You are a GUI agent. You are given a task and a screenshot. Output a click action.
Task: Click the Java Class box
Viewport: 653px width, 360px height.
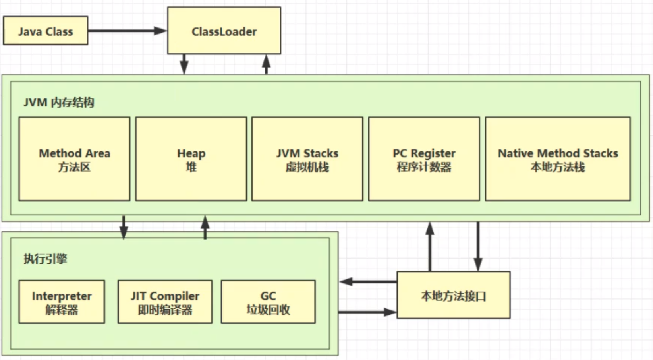point(45,31)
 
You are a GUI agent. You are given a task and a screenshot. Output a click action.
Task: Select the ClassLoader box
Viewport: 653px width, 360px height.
point(224,31)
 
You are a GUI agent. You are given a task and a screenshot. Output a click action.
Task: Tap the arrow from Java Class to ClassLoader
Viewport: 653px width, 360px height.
point(127,31)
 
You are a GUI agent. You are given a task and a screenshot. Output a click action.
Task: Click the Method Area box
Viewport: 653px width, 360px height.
point(74,159)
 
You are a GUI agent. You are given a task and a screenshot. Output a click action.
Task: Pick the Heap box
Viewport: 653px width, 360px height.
point(191,159)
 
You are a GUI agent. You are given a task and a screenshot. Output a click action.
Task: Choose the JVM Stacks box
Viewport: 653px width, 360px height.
point(307,159)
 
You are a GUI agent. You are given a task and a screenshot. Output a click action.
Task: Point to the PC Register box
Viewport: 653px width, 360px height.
point(424,159)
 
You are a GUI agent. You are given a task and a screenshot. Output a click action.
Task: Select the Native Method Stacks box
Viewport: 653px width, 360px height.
point(558,159)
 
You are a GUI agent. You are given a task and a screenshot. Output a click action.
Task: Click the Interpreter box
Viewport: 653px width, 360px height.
point(62,302)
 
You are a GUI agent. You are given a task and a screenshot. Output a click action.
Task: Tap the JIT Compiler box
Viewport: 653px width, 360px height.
point(165,302)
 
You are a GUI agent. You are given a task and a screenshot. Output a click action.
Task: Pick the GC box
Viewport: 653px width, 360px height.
point(268,302)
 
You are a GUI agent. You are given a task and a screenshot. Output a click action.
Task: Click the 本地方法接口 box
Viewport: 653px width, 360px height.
point(454,295)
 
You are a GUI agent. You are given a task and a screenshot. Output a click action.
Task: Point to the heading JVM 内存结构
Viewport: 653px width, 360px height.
point(58,103)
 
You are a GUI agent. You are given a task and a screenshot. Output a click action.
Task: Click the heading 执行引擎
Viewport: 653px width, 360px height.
point(45,259)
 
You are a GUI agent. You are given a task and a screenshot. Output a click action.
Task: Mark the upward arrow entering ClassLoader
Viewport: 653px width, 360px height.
point(267,64)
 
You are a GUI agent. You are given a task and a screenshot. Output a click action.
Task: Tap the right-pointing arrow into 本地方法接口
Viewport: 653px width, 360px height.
point(367,312)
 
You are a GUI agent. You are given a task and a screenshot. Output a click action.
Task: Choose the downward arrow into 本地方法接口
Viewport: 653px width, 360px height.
point(478,246)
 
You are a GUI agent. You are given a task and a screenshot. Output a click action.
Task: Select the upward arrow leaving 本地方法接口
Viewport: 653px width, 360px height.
point(430,246)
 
